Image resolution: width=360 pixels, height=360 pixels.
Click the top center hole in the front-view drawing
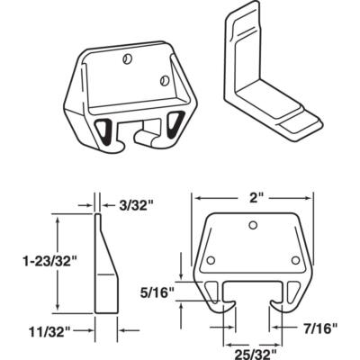click(254, 224)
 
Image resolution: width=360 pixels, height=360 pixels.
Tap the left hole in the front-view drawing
click(211, 261)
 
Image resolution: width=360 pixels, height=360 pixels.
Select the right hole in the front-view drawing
click(294, 261)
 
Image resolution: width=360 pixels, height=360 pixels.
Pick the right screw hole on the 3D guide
click(167, 77)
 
